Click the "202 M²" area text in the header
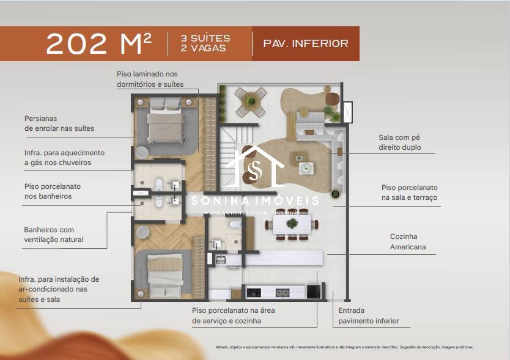coord(98,43)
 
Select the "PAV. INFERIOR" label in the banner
coord(305,43)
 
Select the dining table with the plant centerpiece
coord(292,224)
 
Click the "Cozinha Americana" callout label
coord(408,241)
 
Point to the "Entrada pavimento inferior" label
coord(369,315)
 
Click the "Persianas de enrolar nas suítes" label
coord(59,123)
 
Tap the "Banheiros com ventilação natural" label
coord(54,235)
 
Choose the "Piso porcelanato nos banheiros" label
coord(53,191)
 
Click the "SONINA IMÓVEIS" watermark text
coord(255,200)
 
